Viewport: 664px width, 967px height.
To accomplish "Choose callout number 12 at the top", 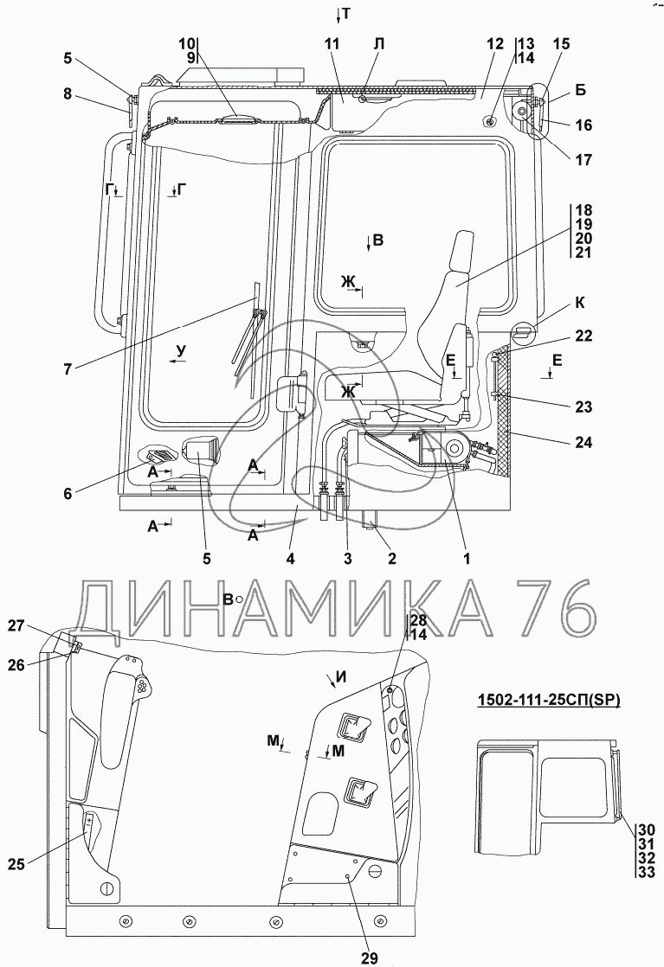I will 494,44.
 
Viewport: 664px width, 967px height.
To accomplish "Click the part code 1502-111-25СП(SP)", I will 549,701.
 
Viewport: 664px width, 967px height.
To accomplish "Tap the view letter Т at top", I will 345,13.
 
